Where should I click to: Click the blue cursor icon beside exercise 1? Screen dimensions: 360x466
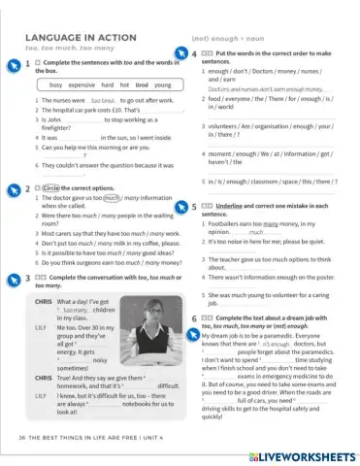13,64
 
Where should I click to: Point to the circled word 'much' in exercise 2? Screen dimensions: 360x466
114,197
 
